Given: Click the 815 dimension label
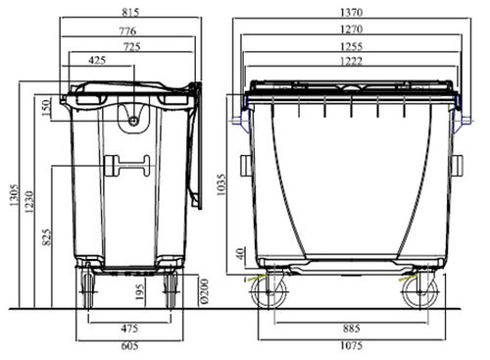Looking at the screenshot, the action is tap(130, 12).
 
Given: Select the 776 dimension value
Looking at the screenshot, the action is tap(127, 30).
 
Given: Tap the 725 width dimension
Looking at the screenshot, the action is tap(131, 46).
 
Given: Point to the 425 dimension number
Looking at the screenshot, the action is tap(97, 60).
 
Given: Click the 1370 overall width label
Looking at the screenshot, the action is tap(351, 13).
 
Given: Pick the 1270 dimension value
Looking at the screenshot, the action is tap(351, 29).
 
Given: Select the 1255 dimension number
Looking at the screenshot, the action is tap(351, 46).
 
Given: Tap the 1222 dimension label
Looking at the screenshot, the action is tap(351, 61).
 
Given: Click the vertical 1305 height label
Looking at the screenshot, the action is tap(14, 195).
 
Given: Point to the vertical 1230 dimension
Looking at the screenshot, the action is tap(29, 202).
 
